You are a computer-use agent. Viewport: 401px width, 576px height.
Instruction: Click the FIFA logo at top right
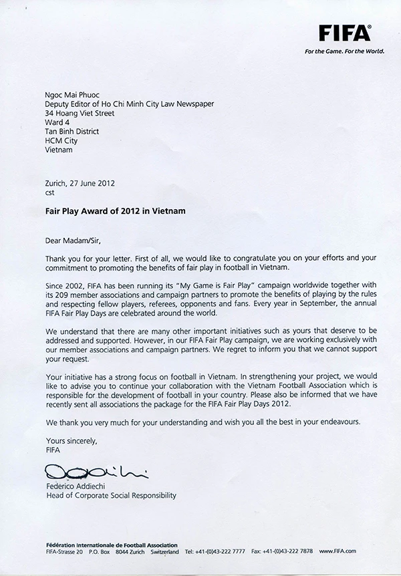click(x=345, y=32)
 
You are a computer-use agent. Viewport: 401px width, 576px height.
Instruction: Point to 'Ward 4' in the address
click(x=57, y=123)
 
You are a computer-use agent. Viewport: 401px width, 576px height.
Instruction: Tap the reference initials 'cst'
click(x=50, y=192)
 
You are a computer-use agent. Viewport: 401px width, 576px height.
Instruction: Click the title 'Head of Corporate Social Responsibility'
click(x=111, y=496)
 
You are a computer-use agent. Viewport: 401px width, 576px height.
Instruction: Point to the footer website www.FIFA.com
click(x=338, y=552)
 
